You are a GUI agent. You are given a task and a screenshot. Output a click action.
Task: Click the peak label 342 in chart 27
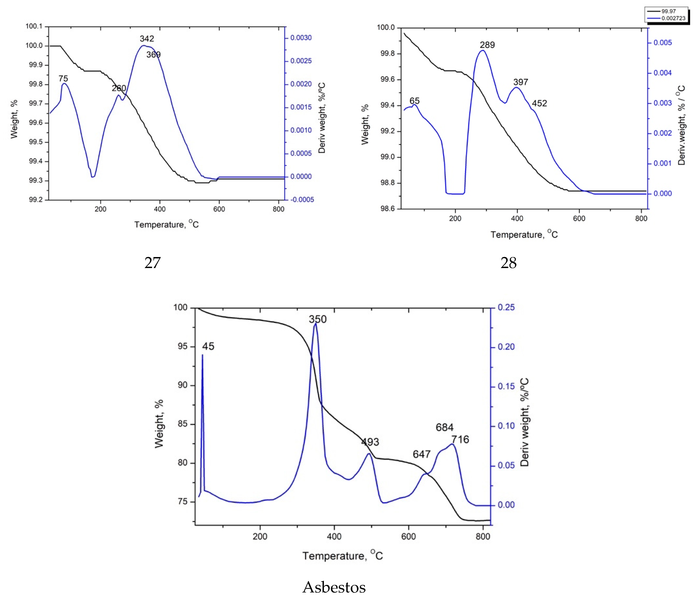[147, 39]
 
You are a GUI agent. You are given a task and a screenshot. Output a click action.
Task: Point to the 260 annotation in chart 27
[119, 88]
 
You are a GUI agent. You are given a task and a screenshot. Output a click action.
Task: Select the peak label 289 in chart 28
[487, 45]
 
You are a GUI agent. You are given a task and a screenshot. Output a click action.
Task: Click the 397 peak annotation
[521, 82]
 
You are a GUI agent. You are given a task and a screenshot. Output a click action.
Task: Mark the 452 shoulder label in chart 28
[539, 103]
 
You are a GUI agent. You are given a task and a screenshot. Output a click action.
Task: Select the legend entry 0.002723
[673, 18]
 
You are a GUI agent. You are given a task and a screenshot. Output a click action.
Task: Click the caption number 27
[152, 263]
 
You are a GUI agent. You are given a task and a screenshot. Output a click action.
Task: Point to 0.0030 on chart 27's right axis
[301, 38]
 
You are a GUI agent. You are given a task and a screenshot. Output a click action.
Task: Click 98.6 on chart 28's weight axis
[387, 209]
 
